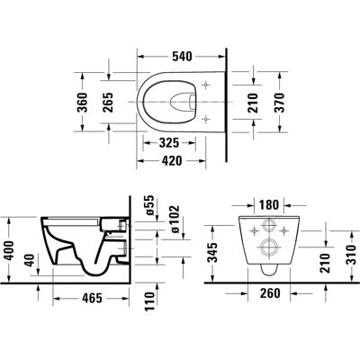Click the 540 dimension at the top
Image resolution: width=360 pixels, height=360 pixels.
point(182,57)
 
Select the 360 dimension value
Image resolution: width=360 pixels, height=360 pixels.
point(82,103)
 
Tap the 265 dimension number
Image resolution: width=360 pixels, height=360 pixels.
point(108,103)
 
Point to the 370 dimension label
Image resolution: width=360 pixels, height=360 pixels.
point(279,103)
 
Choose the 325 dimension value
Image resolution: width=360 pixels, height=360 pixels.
point(169,143)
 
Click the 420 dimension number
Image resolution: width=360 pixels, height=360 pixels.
point(172,161)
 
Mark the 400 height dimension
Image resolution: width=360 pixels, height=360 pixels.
point(10,250)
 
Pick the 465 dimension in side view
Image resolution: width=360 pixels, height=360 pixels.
point(93,298)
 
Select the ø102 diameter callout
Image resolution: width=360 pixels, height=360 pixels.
point(175,219)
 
